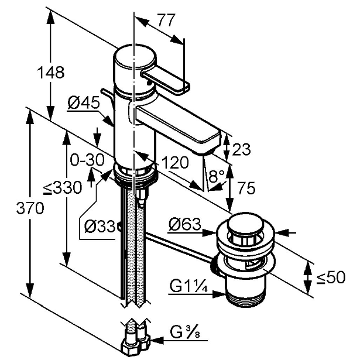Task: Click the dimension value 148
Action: tap(51, 73)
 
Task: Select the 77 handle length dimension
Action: tap(167, 20)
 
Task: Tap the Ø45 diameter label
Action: tap(84, 102)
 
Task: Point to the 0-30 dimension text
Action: tap(87, 160)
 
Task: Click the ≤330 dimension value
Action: tap(63, 187)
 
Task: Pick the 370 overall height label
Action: tap(30, 208)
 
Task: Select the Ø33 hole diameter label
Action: tap(100, 226)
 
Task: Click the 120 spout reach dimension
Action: tap(175, 163)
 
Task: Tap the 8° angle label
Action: tap(217, 176)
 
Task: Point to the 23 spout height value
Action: tap(241, 149)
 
